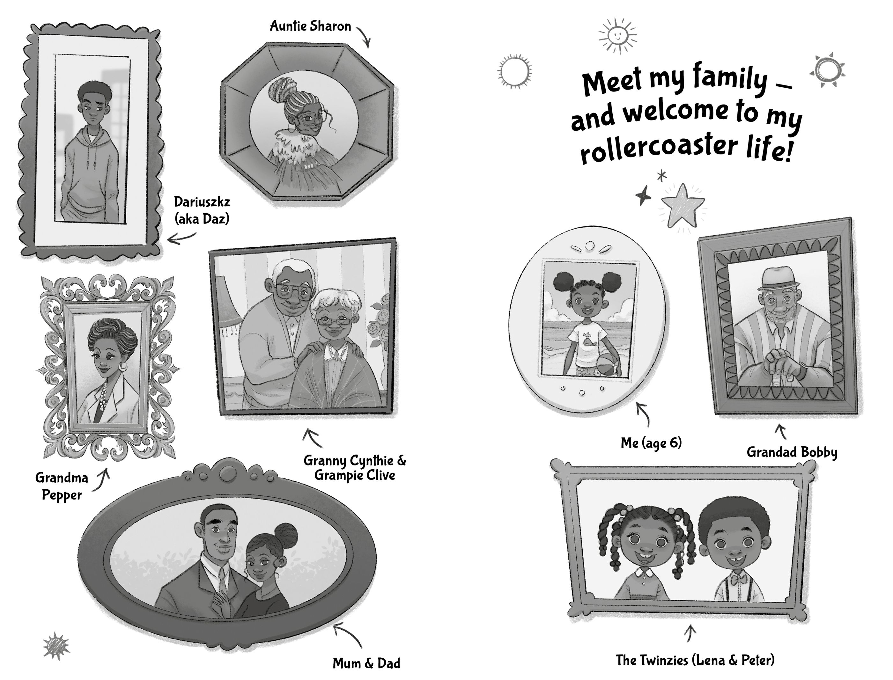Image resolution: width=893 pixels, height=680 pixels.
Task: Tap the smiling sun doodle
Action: (617, 35)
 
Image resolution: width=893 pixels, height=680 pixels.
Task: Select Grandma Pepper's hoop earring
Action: (122, 366)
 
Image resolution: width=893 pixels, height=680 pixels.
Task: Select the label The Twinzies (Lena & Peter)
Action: (695, 660)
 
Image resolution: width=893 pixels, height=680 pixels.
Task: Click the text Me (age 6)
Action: (651, 443)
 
